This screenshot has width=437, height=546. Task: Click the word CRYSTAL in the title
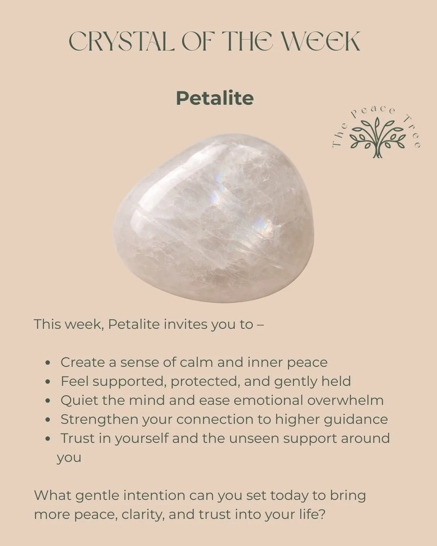121,41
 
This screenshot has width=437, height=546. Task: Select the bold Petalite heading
215,98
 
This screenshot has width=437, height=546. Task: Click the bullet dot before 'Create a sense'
48,363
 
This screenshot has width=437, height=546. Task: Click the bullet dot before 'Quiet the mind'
48,401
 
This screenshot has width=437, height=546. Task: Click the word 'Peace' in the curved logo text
373,111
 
